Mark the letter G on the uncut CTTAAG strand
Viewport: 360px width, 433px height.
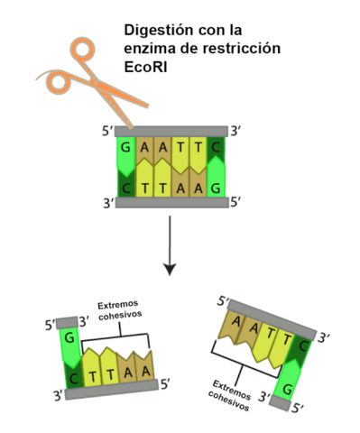point(216,187)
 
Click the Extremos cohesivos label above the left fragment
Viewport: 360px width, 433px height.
point(118,310)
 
